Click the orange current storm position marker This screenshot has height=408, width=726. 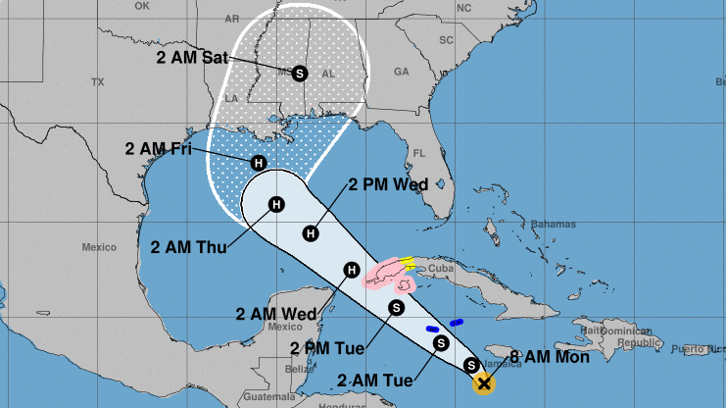(x=482, y=383)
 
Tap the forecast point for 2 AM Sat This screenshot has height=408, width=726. (x=299, y=72)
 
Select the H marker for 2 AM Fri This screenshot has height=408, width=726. (x=259, y=163)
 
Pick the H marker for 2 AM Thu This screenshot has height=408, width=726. (x=276, y=204)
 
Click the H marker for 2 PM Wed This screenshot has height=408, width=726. (x=311, y=232)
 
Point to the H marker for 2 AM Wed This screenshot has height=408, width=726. (x=351, y=270)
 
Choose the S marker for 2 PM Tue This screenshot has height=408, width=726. (x=397, y=307)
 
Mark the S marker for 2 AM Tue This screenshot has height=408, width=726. (x=441, y=342)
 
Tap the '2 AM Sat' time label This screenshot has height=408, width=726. (x=192, y=57)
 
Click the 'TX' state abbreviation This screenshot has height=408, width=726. (x=96, y=81)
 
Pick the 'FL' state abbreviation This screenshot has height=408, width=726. (x=419, y=153)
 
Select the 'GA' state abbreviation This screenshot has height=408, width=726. (x=401, y=72)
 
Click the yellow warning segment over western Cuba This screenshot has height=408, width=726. (x=407, y=262)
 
